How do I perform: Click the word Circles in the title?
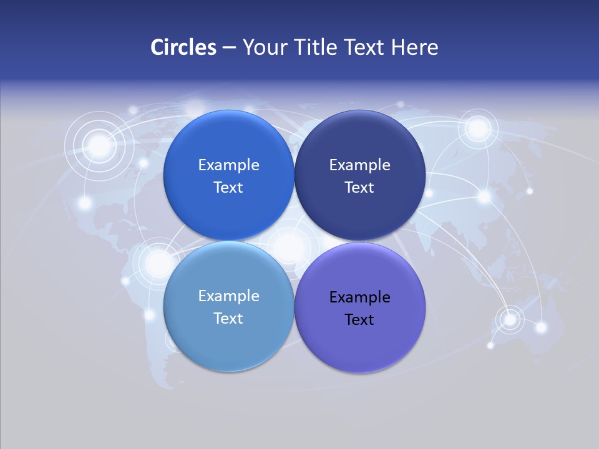pyautogui.click(x=183, y=47)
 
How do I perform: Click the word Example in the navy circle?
pyautogui.click(x=359, y=165)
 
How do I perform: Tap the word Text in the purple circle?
pyautogui.click(x=359, y=320)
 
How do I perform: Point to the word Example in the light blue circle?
pyautogui.click(x=228, y=296)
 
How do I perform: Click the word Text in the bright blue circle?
pyautogui.click(x=228, y=188)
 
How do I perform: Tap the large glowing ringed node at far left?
pyautogui.click(x=99, y=146)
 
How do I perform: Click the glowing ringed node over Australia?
pyautogui.click(x=510, y=319)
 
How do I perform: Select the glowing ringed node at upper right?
pyautogui.click(x=478, y=128)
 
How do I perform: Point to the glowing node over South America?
pyautogui.click(x=158, y=263)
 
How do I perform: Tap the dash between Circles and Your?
pyautogui.click(x=229, y=48)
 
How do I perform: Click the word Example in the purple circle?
pyautogui.click(x=359, y=297)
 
